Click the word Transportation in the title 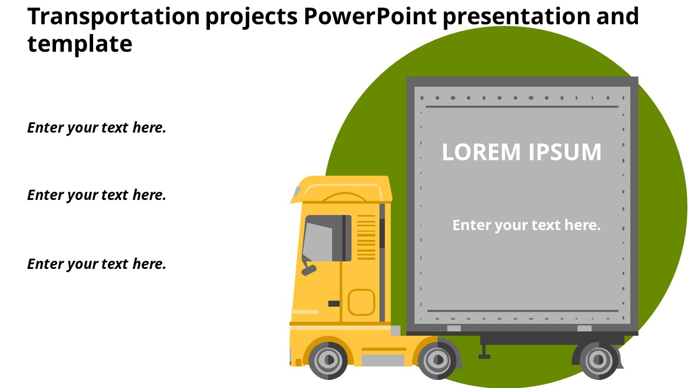(x=113, y=17)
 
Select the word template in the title (x=80, y=44)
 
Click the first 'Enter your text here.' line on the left (x=96, y=128)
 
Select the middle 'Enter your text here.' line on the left (x=96, y=195)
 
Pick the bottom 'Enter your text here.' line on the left (x=96, y=264)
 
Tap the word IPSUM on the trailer (x=565, y=152)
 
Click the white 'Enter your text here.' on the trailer (x=526, y=225)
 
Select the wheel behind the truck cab (x=437, y=359)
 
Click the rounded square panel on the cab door (x=361, y=302)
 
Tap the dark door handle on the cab (x=334, y=303)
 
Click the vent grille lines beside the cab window (x=367, y=237)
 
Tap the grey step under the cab (x=383, y=360)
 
